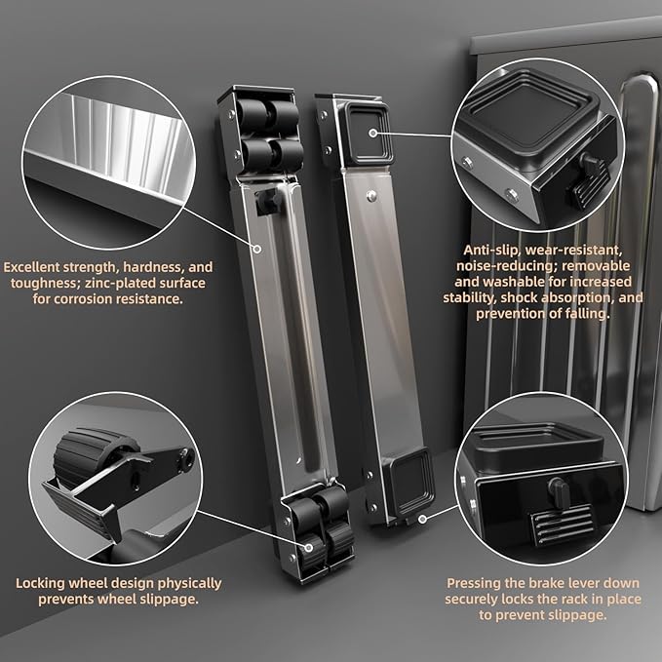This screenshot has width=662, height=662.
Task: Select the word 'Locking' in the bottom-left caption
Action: (40, 584)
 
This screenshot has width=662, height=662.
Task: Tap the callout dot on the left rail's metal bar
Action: (257, 249)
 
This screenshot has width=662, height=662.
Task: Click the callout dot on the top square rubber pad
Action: (372, 134)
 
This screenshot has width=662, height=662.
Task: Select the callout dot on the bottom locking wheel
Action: (309, 548)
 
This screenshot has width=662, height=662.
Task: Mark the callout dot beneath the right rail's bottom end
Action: (422, 520)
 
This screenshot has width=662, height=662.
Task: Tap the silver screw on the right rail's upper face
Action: (371, 195)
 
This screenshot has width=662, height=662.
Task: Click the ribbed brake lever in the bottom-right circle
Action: (562, 524)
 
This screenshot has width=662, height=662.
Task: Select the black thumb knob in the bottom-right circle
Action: (559, 489)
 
